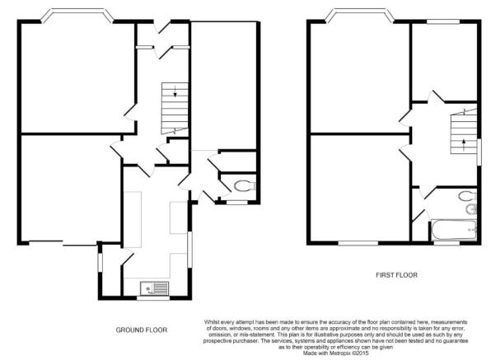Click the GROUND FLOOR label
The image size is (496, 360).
pyautogui.click(x=142, y=330)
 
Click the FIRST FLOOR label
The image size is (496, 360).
pyautogui.click(x=396, y=275)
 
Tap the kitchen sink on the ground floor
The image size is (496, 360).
pyautogui.click(x=154, y=288)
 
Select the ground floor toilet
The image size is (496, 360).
pyautogui.click(x=245, y=185)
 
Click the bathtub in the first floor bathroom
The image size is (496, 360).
pyautogui.click(x=454, y=230)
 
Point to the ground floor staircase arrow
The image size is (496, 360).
pyautogui.click(x=175, y=91)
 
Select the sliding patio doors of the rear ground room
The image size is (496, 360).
pyautogui.click(x=63, y=243)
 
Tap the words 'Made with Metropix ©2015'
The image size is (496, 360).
pyautogui.click(x=335, y=353)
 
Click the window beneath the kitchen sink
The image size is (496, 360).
pyautogui.click(x=153, y=297)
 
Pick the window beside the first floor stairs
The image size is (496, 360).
pyautogui.click(x=479, y=152)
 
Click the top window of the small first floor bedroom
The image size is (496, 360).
pyautogui.click(x=443, y=21)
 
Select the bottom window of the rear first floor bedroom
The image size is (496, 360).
pyautogui.click(x=358, y=243)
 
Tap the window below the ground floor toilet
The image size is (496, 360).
pyautogui.click(x=237, y=202)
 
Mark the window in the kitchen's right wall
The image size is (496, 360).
pyautogui.click(x=190, y=250)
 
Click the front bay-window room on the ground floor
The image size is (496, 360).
pyautogui.click(x=78, y=77)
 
